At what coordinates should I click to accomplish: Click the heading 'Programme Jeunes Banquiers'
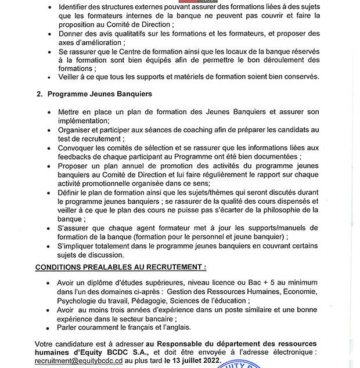tap(99, 93)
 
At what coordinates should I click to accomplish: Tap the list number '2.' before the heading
tap(39, 93)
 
